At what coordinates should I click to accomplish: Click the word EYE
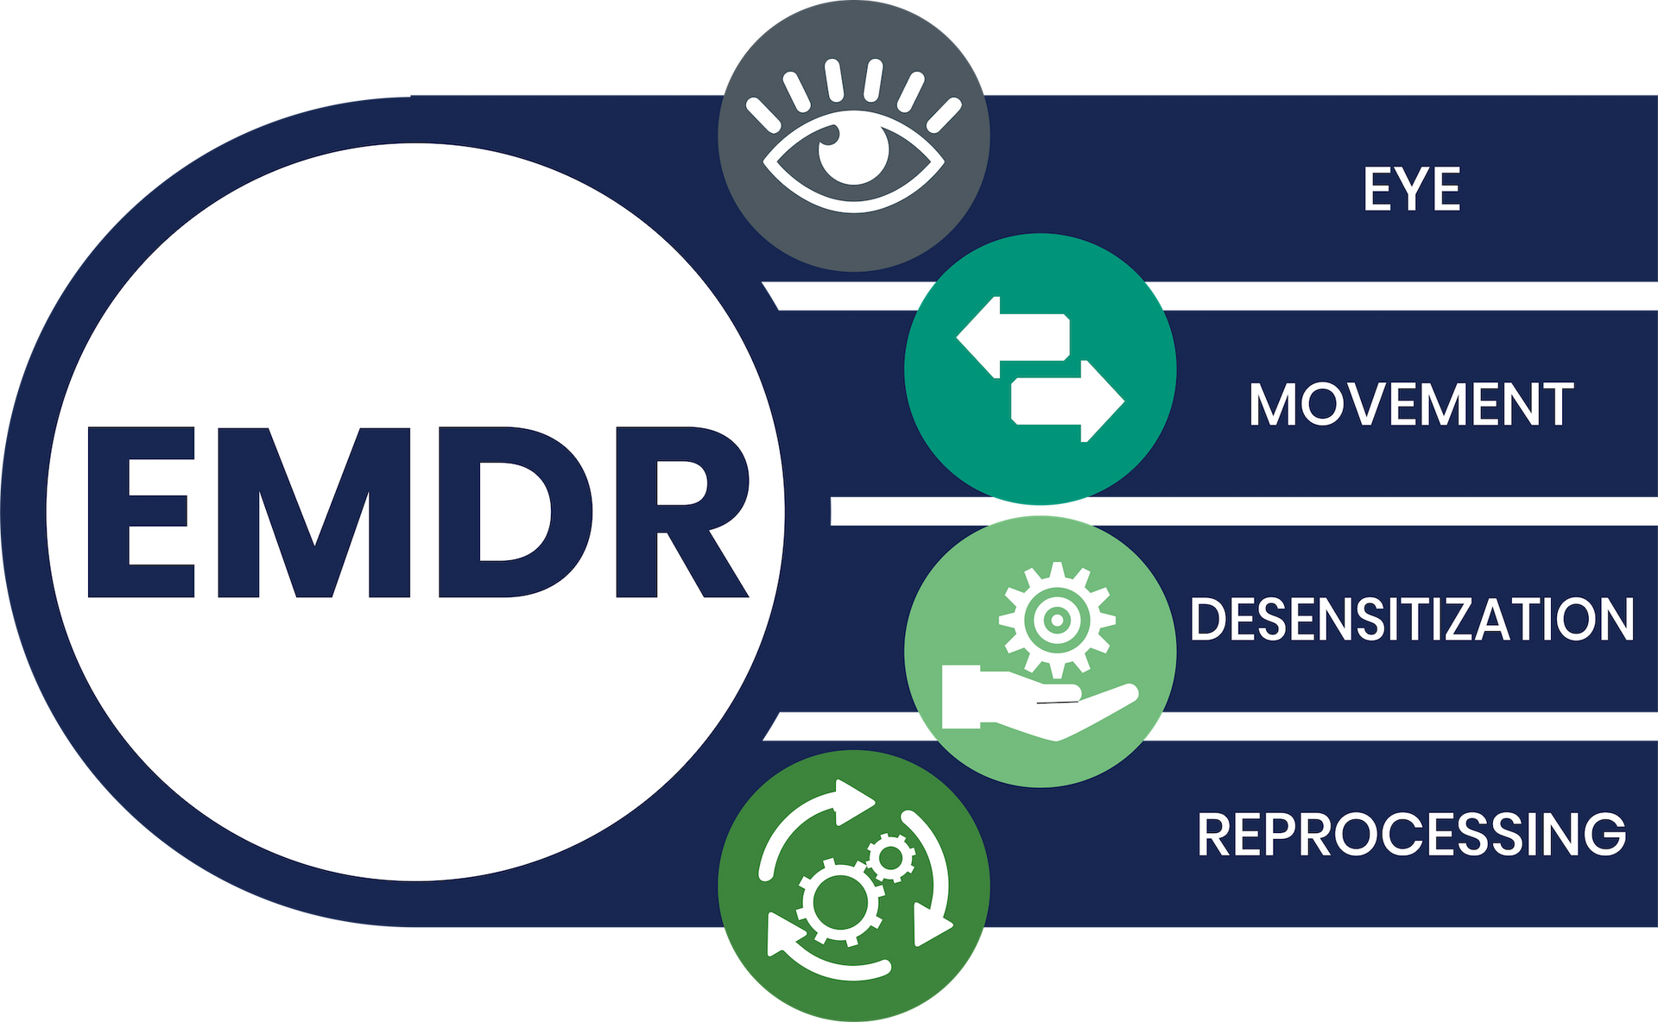click(1412, 189)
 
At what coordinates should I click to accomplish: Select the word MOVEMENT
click(1411, 404)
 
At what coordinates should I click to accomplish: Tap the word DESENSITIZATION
click(1412, 619)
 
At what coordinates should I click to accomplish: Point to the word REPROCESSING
click(1412, 834)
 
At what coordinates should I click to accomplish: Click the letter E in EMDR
click(139, 512)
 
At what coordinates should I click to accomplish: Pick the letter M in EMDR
click(314, 512)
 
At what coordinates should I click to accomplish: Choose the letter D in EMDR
click(516, 512)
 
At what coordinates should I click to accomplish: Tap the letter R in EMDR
click(682, 512)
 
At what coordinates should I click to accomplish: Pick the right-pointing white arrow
click(1067, 401)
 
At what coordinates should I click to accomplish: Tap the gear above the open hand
click(1056, 620)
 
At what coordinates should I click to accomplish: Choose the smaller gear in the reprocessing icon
click(890, 858)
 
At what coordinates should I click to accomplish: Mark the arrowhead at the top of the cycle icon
click(852, 802)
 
